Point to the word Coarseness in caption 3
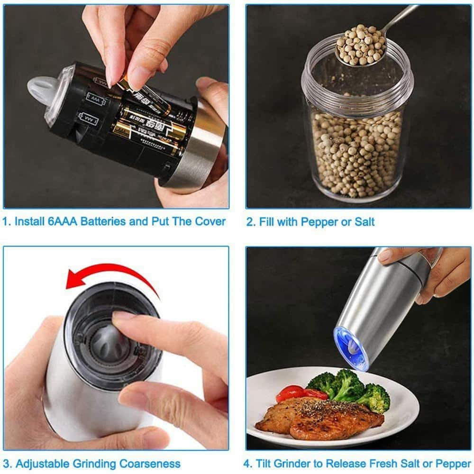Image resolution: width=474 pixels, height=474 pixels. [x=153, y=464]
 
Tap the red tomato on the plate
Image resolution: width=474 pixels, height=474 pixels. [x=291, y=393]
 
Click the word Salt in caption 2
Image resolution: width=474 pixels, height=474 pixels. [x=364, y=222]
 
